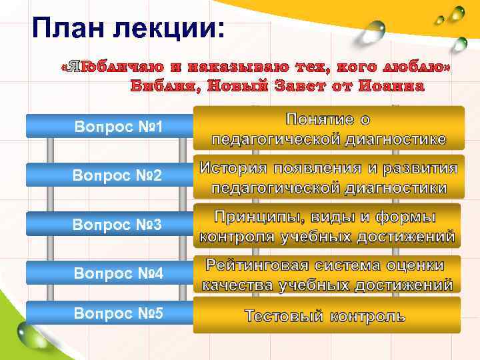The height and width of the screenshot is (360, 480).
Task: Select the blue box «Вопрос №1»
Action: [109, 126]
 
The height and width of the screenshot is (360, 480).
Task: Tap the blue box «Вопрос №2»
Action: [109, 175]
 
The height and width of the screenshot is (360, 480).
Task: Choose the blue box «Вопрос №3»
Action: [109, 225]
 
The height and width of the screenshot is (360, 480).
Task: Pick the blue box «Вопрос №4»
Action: [109, 273]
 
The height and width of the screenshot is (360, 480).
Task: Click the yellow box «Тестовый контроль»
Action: [327, 315]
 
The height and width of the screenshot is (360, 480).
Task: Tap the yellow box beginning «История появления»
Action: [327, 177]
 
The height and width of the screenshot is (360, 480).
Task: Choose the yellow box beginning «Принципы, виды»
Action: [327, 227]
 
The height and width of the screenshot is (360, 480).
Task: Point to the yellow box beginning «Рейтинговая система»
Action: [327, 275]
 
